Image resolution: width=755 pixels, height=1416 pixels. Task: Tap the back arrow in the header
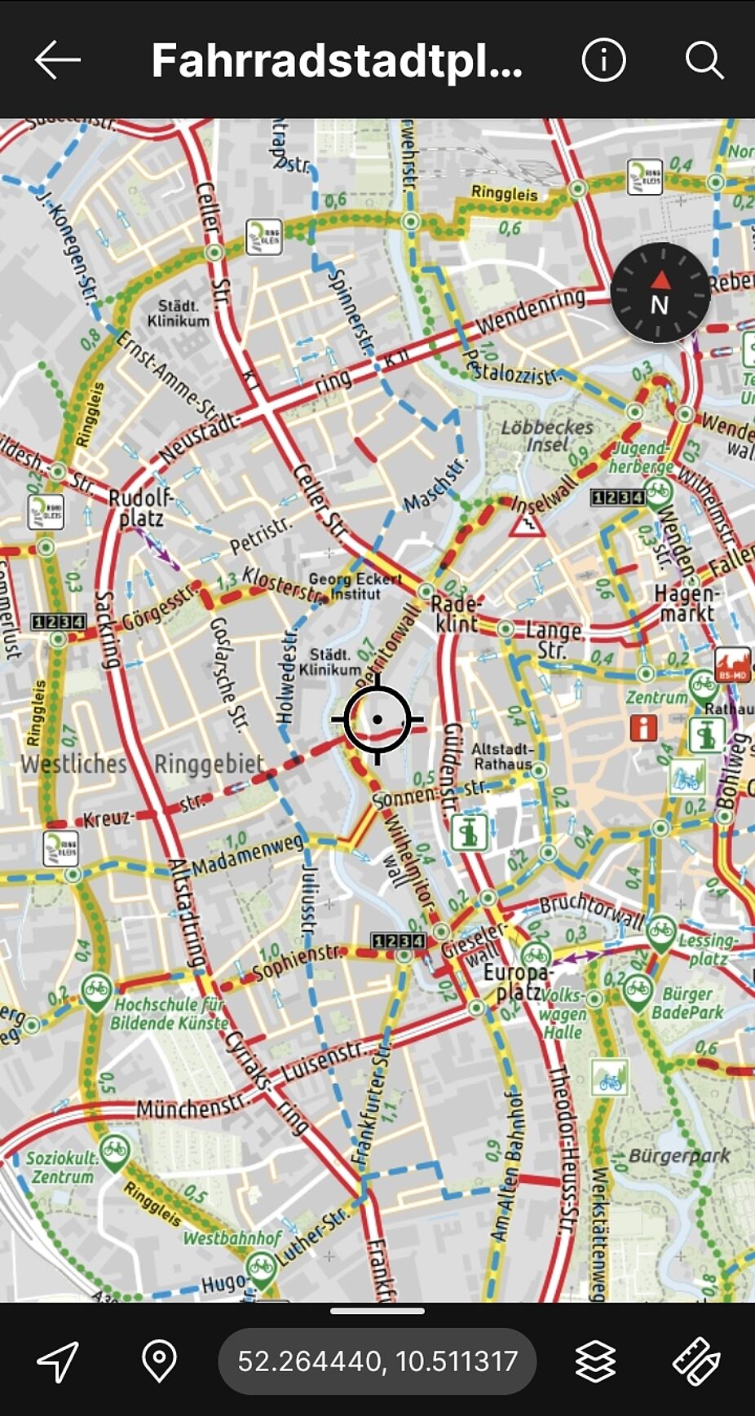click(57, 60)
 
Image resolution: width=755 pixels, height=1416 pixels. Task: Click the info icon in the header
click(603, 60)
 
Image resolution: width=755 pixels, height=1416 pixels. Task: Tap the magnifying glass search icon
click(704, 60)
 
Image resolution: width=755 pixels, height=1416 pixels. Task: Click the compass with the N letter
click(660, 293)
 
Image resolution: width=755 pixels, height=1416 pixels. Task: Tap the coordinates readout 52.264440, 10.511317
click(377, 1361)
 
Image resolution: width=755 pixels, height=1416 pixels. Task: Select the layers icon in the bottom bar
click(595, 1361)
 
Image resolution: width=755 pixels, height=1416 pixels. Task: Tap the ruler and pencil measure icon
click(695, 1361)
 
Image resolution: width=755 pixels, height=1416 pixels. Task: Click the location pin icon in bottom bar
click(159, 1361)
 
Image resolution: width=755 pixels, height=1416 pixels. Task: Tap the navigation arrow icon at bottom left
click(58, 1361)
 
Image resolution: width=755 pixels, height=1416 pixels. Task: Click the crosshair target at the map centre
click(377, 719)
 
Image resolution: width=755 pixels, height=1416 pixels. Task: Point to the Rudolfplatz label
click(140, 508)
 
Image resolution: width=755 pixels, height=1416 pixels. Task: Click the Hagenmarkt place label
click(684, 603)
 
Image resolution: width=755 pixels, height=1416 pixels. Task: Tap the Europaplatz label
click(516, 981)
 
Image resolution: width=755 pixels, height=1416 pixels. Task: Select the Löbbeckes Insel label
click(546, 435)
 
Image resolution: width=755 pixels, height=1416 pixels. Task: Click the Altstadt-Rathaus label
click(502, 756)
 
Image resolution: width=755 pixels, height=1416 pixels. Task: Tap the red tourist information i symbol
click(643, 726)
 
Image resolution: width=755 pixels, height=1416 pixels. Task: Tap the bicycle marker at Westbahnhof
click(261, 1270)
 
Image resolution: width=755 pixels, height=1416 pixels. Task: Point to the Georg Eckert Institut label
click(355, 586)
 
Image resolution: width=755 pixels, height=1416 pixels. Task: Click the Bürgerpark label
click(678, 1155)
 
